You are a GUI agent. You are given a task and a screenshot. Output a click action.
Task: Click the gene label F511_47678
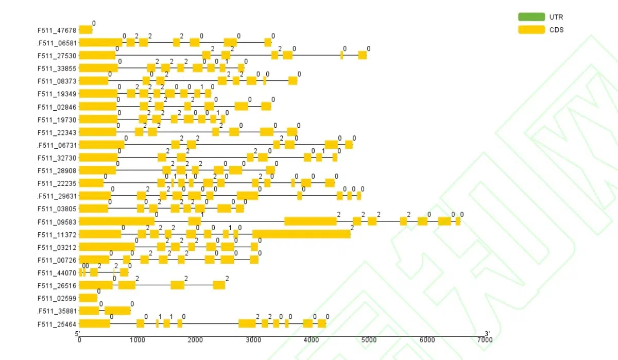point(57,30)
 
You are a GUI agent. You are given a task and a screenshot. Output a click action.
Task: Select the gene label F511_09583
point(57,222)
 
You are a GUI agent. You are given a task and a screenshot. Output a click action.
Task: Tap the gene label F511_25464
point(57,324)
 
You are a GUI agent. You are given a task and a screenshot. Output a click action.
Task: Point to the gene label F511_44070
point(57,273)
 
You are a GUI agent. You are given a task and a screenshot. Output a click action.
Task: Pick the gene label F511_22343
point(57,132)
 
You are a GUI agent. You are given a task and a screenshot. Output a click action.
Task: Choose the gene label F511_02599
point(57,298)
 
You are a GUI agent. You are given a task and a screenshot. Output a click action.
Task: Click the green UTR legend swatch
point(531,18)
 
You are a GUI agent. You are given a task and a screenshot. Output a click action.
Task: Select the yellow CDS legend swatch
point(531,30)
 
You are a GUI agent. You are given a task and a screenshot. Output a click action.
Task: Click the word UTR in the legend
point(556,18)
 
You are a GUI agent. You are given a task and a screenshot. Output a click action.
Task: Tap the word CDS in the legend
point(556,30)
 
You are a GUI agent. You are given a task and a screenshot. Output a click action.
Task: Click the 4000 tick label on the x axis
point(311,340)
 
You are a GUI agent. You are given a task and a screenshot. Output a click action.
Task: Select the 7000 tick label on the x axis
point(485,340)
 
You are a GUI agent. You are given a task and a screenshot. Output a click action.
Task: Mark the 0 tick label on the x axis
point(79,340)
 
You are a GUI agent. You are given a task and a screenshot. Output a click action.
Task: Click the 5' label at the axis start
point(78,333)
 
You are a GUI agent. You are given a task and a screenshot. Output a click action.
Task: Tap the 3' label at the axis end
point(487,333)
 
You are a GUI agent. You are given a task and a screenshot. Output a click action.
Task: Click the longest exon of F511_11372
point(301,234)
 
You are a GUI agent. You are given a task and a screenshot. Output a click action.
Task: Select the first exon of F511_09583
point(117,221)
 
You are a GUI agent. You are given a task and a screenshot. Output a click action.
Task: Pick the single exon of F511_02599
point(88,298)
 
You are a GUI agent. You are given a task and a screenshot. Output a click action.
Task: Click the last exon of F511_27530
point(362,56)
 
